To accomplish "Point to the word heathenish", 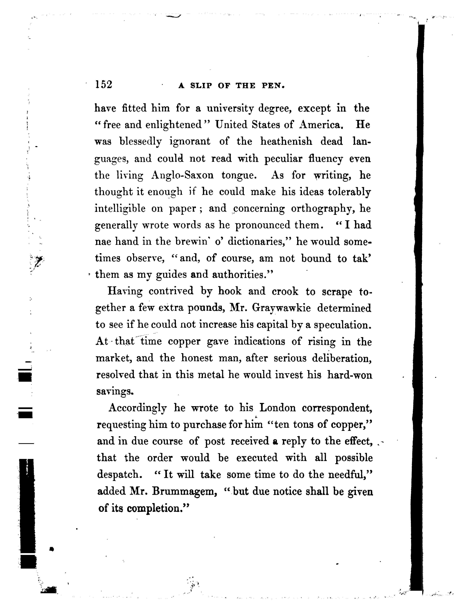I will tap(286, 142).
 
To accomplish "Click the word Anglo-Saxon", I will tap(182, 175).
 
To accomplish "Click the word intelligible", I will tap(120, 209).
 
